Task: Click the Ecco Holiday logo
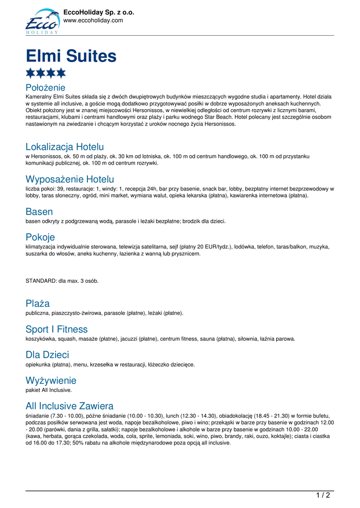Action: click(x=42, y=21)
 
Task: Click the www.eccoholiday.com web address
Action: click(x=93, y=20)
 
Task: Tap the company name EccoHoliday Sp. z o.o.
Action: click(x=99, y=12)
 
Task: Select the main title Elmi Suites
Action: click(x=71, y=56)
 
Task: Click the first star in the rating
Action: click(x=31, y=73)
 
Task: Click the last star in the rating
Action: click(x=61, y=73)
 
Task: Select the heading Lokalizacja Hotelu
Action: click(x=65, y=147)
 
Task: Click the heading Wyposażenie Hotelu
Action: click(x=70, y=179)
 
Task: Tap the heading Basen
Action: click(x=39, y=212)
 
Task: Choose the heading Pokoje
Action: click(x=40, y=237)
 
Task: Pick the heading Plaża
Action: click(x=38, y=303)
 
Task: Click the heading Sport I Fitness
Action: click(x=57, y=329)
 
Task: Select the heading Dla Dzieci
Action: click(x=47, y=355)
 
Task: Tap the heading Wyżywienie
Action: click(x=51, y=381)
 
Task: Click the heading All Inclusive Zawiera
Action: click(x=70, y=406)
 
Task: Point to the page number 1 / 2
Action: click(x=323, y=495)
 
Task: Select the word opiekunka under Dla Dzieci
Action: click(x=38, y=365)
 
